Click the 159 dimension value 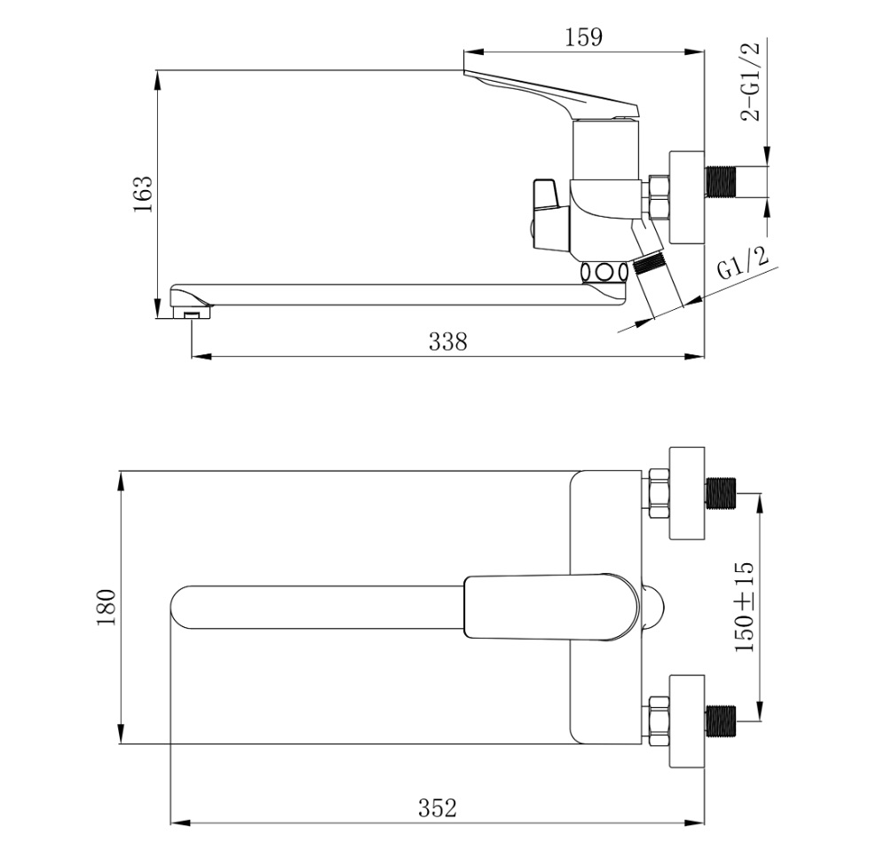point(583,37)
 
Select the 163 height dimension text point(142,194)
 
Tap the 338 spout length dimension point(447,342)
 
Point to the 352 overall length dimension point(438,808)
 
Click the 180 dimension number point(106,608)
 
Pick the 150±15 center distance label point(745,608)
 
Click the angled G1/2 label point(743,264)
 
